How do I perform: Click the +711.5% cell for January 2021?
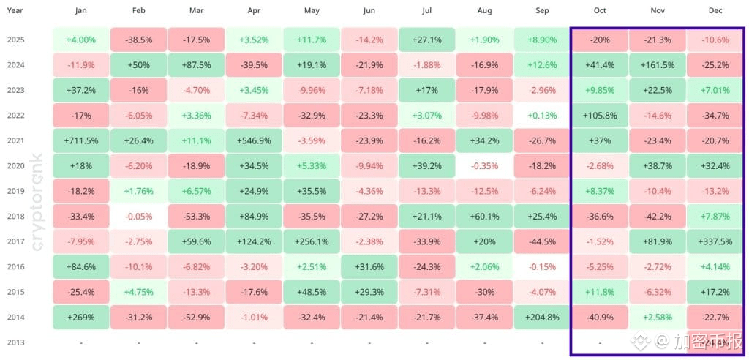coord(80,140)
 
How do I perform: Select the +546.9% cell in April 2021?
coord(254,140)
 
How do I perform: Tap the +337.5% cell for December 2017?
coord(715,241)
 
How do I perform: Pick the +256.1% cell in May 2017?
coord(312,241)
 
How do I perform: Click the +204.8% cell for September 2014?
coord(542,317)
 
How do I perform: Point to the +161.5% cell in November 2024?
coord(657,65)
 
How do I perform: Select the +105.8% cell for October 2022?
coord(600,116)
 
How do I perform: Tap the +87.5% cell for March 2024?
coord(196,65)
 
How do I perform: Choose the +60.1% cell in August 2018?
coord(484,216)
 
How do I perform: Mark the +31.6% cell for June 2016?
coord(369,266)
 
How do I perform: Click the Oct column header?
coord(600,12)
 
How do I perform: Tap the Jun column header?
coord(369,12)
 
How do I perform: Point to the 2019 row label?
coord(16,191)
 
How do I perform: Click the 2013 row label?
coord(16,342)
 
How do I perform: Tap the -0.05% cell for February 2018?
coord(138,216)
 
